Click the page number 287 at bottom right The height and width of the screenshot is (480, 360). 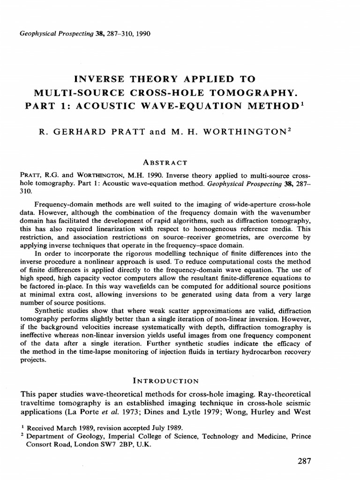[304, 461]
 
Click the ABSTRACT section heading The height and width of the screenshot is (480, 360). [166, 162]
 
